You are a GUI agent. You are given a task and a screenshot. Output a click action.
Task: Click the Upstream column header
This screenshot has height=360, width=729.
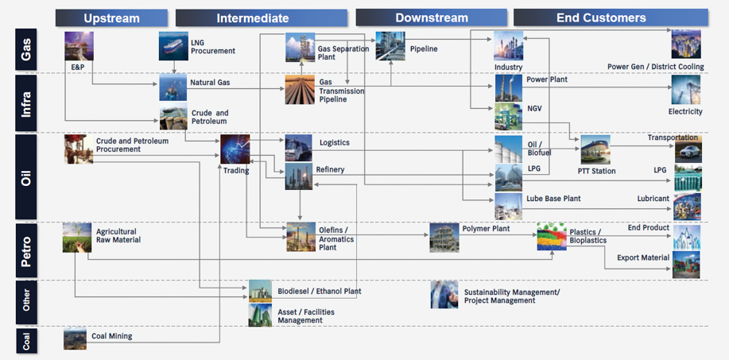tap(111, 17)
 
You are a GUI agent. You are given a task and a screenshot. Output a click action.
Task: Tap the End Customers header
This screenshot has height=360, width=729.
tap(601, 17)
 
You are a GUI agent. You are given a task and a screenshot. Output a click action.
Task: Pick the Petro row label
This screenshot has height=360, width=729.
tap(27, 250)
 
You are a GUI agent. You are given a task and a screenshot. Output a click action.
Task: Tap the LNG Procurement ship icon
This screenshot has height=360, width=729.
tap(173, 45)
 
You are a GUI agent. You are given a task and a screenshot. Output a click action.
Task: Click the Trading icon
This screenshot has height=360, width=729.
tap(235, 149)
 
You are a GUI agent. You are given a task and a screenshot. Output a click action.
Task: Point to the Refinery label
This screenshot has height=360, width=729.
tap(330, 169)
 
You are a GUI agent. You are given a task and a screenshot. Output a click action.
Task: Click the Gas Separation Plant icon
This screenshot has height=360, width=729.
tap(300, 47)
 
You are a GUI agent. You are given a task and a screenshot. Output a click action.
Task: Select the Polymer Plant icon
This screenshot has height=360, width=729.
tap(444, 237)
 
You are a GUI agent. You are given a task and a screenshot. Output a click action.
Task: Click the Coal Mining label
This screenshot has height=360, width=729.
tap(112, 336)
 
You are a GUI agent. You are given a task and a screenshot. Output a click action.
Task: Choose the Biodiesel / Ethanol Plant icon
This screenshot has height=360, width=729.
tap(260, 291)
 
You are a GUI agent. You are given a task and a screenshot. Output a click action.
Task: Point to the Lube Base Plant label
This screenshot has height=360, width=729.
tap(553, 199)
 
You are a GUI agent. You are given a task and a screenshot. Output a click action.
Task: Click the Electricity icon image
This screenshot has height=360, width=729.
tap(686, 91)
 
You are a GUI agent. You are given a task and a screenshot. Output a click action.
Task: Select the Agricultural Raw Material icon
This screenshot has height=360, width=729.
tap(77, 237)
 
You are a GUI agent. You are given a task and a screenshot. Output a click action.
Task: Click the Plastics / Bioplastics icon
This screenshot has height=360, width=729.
tap(551, 237)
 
